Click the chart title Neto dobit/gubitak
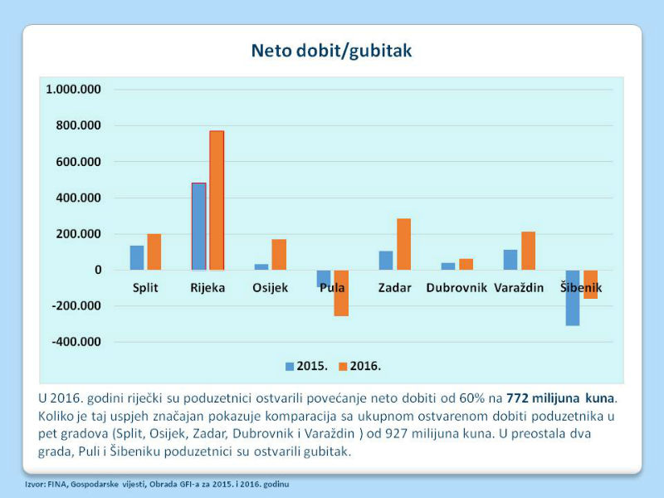tap(331, 51)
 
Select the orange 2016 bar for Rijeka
tap(217, 200)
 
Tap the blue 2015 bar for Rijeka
tap(199, 227)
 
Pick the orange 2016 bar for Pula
tap(341, 293)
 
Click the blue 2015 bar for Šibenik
tap(573, 298)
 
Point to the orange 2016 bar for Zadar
tap(403, 244)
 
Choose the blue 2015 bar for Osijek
tap(261, 267)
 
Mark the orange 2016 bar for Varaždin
tap(528, 251)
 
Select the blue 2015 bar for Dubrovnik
tap(448, 266)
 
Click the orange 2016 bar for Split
tap(154, 252)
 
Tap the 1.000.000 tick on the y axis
tap(73, 90)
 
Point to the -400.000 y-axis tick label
tap(76, 342)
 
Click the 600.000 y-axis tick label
tap(78, 162)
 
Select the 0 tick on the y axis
tap(98, 270)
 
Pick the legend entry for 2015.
tap(306, 366)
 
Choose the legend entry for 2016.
tap(360, 366)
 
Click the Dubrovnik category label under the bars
tap(456, 288)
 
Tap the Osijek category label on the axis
tap(271, 288)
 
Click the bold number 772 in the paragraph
tap(517, 398)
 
